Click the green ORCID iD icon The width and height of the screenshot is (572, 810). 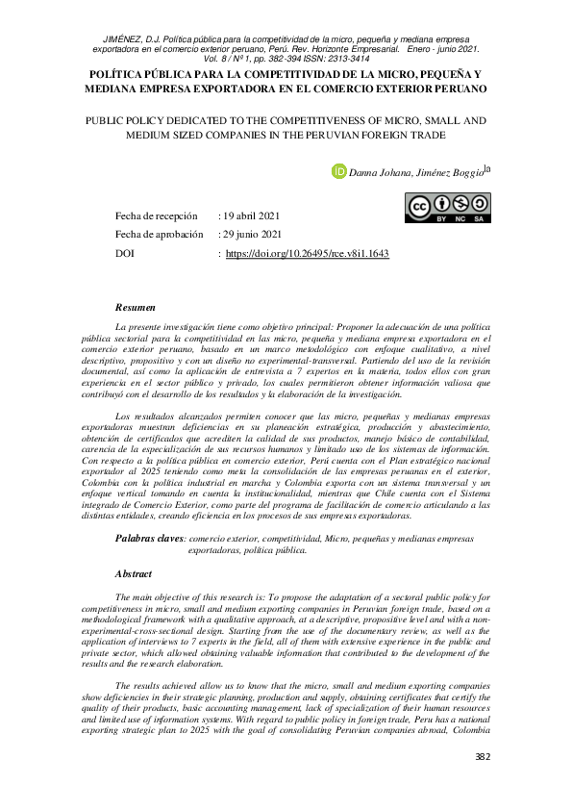338,171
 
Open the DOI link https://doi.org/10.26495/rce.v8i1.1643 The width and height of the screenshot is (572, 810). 307,254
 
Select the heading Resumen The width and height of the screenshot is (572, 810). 135,308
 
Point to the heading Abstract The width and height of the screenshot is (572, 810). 134,572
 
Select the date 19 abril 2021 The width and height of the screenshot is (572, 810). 253,215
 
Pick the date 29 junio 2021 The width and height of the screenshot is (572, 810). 253,234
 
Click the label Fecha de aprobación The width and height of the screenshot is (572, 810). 159,234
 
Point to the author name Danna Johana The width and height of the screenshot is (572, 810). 381,172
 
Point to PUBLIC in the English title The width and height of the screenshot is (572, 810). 110,121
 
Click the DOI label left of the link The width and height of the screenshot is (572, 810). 124,254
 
